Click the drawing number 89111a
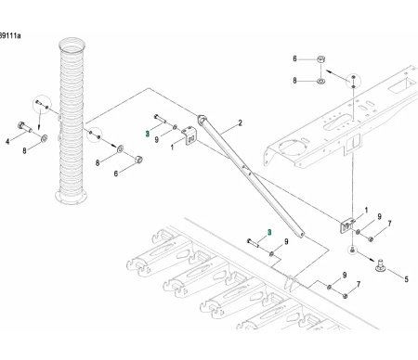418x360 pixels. (11, 34)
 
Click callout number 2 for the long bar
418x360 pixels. (239, 122)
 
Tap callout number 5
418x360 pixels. (405, 276)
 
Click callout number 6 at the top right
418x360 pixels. (295, 59)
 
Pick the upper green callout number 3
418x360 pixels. (147, 133)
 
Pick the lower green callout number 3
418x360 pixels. (268, 231)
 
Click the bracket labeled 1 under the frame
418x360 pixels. (346, 223)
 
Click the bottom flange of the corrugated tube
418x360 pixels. (71, 196)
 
